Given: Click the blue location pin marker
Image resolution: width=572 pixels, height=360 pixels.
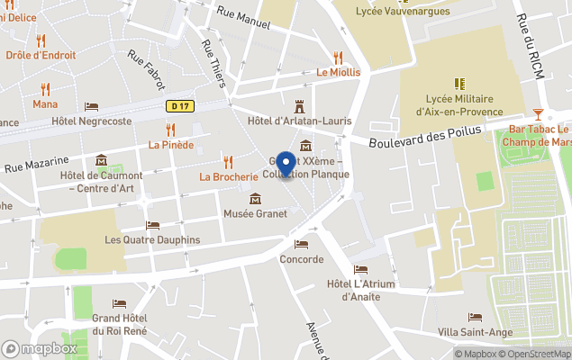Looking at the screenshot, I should tap(286, 164).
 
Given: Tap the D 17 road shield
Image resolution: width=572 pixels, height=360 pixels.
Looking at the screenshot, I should tap(179, 105).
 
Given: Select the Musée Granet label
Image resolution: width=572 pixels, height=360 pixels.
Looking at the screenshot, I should tap(256, 213).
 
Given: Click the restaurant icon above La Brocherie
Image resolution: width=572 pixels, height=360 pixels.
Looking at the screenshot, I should tap(229, 161).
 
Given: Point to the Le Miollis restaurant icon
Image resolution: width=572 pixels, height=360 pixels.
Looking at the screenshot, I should tap(339, 57).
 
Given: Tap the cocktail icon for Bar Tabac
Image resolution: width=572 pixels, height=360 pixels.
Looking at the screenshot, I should tap(538, 113).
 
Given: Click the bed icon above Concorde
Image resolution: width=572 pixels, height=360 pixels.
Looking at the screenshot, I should tap(301, 244).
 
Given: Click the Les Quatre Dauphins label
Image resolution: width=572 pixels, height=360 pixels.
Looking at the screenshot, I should tap(152, 239).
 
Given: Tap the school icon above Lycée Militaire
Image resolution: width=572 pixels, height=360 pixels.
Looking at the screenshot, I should tap(459, 84).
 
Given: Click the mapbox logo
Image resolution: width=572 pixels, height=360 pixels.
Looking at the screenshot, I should tap(41, 348).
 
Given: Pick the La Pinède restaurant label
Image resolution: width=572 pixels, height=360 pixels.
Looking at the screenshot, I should tap(171, 145).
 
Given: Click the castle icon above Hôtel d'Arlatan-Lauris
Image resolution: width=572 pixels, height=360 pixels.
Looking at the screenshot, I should tap(300, 105).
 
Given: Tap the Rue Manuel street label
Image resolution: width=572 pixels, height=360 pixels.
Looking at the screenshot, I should tap(243, 18).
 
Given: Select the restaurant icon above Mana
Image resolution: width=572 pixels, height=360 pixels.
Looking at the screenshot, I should tap(45, 89).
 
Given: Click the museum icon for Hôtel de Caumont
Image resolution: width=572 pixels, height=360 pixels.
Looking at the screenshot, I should tap(101, 160).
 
